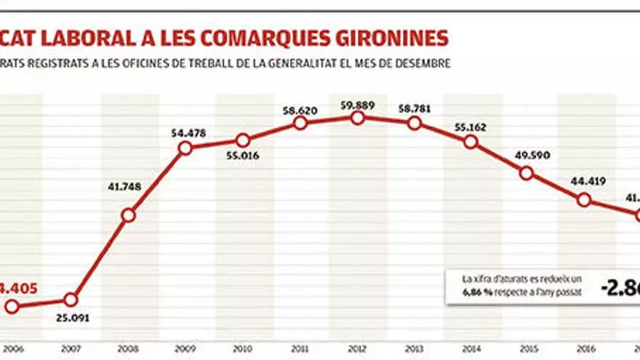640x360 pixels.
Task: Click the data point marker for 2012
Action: [x=357, y=118]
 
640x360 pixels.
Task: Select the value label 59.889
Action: [x=357, y=105]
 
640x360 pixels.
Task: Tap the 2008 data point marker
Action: [x=128, y=215]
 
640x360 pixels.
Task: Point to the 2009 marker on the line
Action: [x=185, y=148]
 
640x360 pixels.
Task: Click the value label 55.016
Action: [x=243, y=155]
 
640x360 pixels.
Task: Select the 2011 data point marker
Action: [x=300, y=124]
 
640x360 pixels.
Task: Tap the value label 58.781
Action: [x=415, y=109]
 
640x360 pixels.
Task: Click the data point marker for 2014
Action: [x=471, y=142]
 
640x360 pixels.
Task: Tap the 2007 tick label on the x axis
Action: [x=71, y=348]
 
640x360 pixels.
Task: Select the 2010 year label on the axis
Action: [x=243, y=348]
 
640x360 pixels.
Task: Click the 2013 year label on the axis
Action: [x=415, y=348]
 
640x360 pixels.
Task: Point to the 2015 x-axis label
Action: [x=528, y=348]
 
